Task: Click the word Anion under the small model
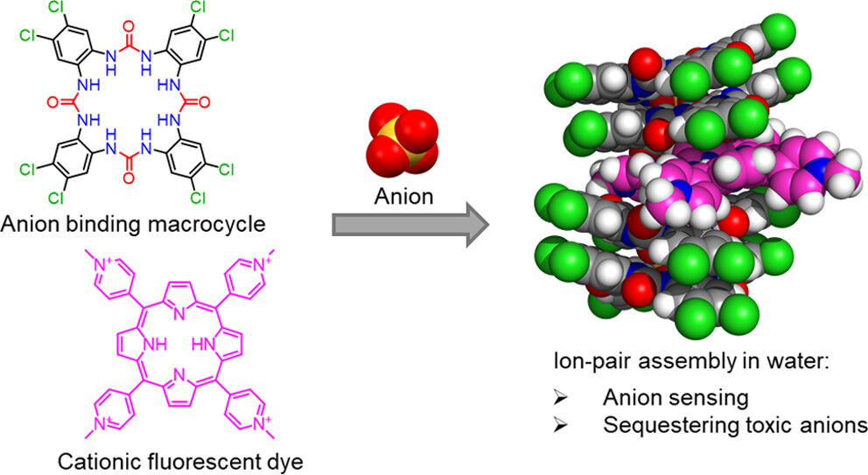(404, 196)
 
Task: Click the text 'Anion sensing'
(675, 397)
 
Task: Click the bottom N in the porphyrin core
(180, 373)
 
